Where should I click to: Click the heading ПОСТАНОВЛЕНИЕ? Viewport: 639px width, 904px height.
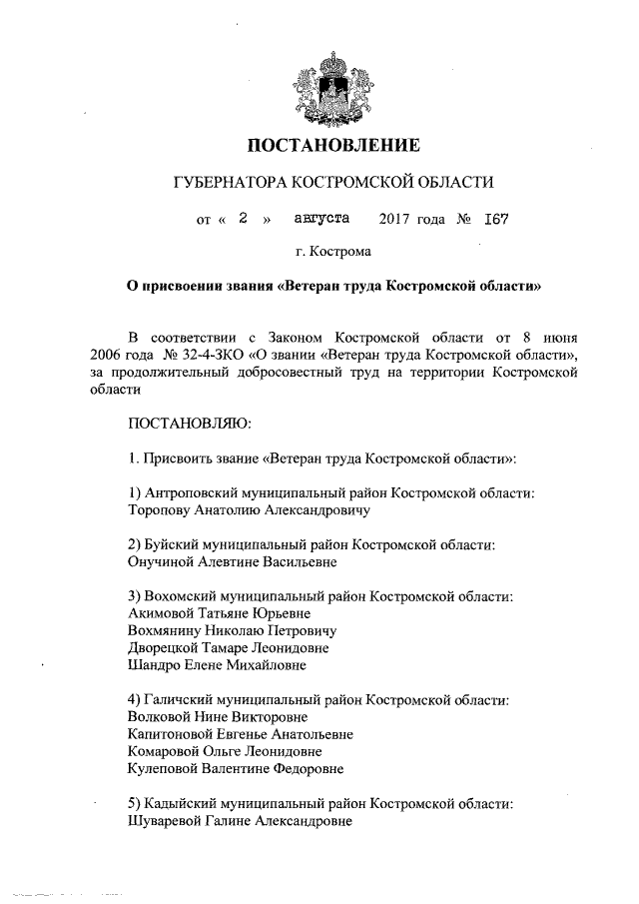(x=333, y=147)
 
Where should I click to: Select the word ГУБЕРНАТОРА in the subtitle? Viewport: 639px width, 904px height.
(x=228, y=183)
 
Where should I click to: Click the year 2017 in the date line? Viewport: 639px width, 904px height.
(x=396, y=218)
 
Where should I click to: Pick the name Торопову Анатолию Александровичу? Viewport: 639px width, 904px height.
(x=250, y=509)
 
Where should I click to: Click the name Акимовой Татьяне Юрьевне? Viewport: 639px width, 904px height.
(x=220, y=613)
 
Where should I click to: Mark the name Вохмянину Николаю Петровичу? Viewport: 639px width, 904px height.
(x=233, y=631)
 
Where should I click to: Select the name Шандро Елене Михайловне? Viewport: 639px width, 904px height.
(x=218, y=664)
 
